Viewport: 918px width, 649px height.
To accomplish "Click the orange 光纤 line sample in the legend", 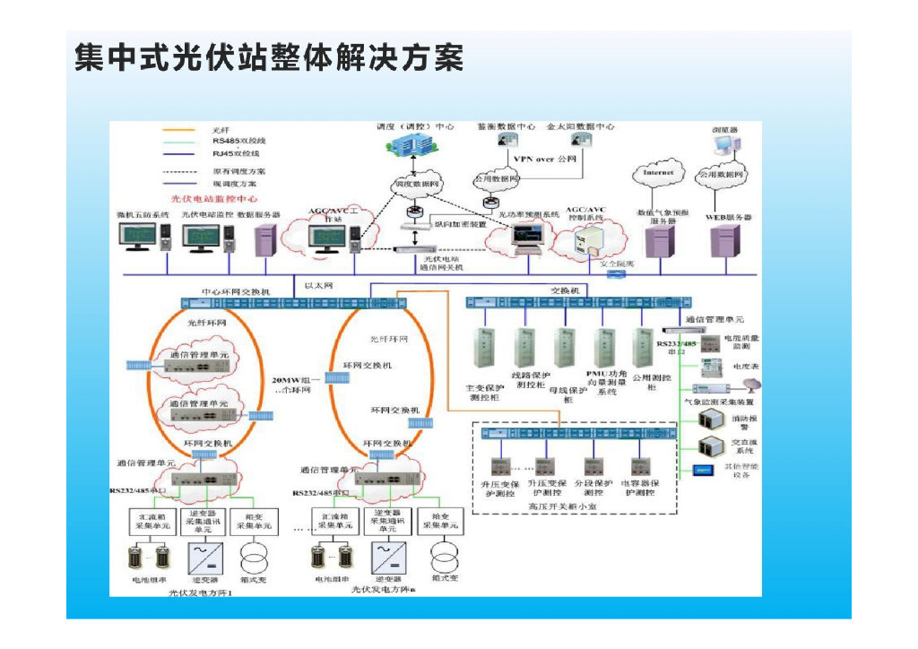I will coord(178,130).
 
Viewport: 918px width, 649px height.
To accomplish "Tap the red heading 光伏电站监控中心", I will coord(214,198).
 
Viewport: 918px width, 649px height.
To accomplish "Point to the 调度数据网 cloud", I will coord(417,185).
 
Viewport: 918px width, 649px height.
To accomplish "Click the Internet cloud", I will coord(658,173).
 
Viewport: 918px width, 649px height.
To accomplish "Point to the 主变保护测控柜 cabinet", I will coord(484,354).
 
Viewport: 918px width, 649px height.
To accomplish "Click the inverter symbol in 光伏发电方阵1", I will coord(204,558).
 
